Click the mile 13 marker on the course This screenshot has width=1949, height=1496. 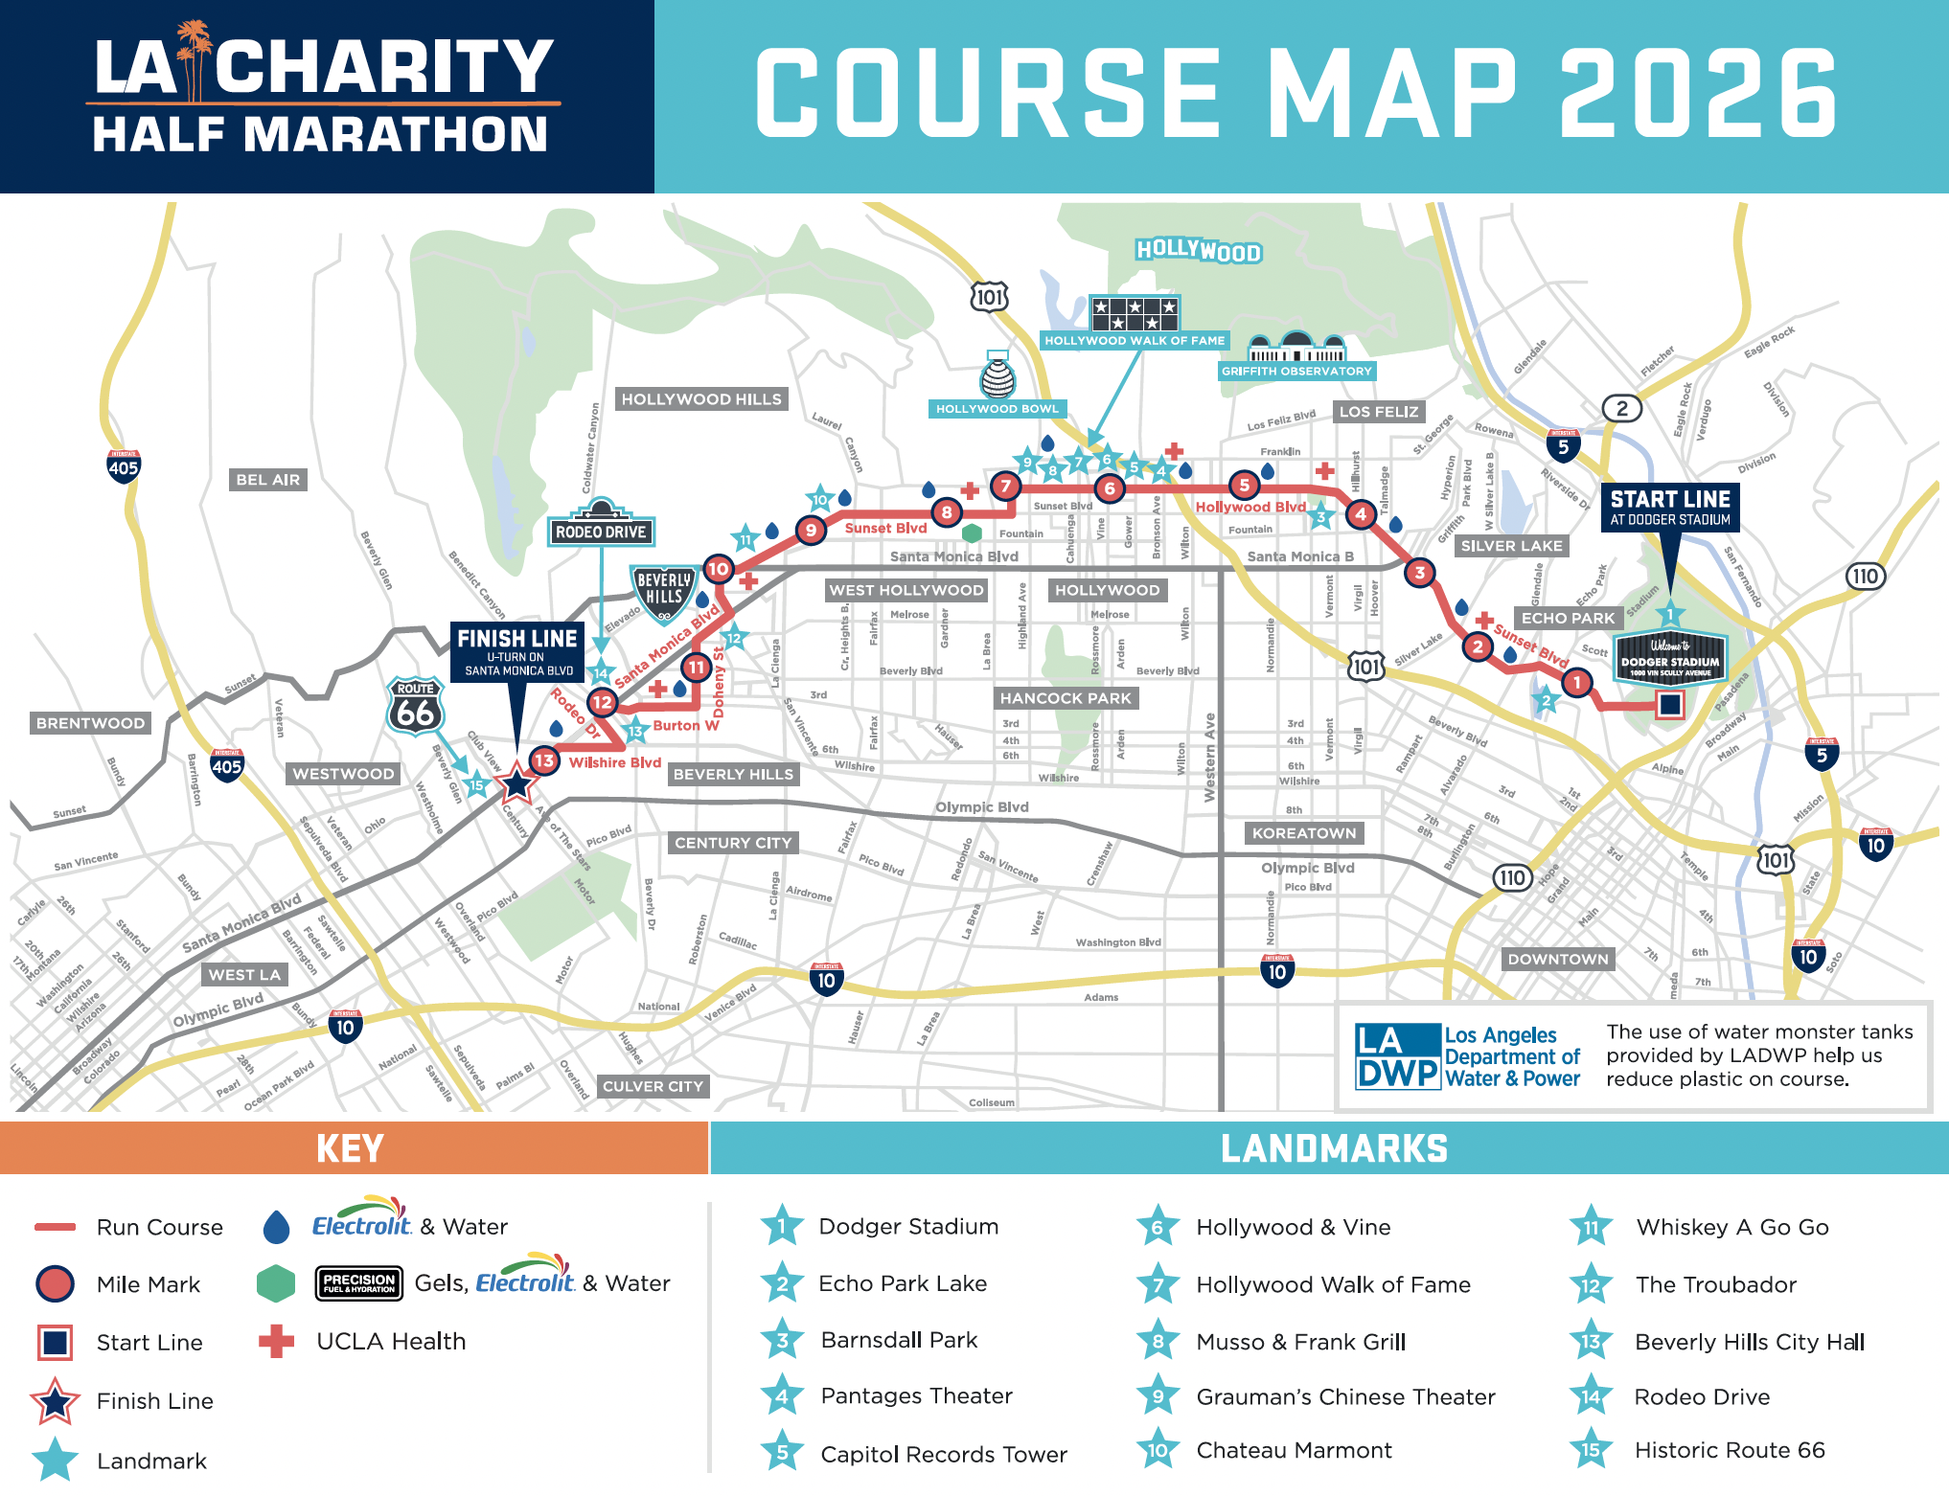coord(544,761)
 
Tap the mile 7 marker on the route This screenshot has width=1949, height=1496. coord(1005,487)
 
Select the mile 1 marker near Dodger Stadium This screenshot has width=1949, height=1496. coord(1576,683)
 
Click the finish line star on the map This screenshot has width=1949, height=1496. coord(516,783)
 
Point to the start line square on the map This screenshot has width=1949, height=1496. coord(1670,705)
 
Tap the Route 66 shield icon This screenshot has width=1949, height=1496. coord(416,708)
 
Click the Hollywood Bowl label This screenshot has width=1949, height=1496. coord(997,409)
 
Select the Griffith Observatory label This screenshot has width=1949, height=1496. coord(1296,371)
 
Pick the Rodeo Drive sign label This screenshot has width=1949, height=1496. coord(601,532)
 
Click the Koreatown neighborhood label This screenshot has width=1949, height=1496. coord(1303,833)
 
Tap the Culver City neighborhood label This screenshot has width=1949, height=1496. coord(653,1086)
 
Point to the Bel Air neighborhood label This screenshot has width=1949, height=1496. coord(267,480)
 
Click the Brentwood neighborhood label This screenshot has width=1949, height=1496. coord(91,723)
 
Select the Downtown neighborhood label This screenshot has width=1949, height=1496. coord(1557,959)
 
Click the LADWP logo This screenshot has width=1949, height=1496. coord(1398,1056)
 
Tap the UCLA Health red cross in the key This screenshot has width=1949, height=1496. coord(276,1341)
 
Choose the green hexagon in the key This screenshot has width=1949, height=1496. coord(276,1283)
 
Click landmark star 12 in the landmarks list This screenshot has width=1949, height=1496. coord(1591,1285)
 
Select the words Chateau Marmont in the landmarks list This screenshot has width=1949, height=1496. coord(1294,1450)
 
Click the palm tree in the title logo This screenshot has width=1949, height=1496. coord(195,57)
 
